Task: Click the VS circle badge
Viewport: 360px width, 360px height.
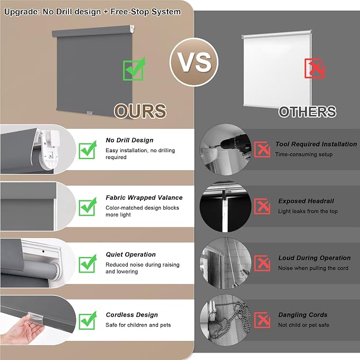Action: (194, 62)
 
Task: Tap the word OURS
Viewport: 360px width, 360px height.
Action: (140, 111)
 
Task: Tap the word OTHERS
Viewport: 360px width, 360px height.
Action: (308, 112)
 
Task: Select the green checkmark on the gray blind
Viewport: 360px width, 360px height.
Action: (134, 69)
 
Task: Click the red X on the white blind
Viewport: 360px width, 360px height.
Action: (314, 68)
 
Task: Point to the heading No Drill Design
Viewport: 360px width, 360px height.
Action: (129, 140)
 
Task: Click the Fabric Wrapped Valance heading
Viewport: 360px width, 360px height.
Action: (144, 197)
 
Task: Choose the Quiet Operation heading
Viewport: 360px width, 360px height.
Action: (130, 254)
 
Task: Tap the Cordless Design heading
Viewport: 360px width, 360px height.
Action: (132, 315)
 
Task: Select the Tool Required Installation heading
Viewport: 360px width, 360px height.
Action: (316, 144)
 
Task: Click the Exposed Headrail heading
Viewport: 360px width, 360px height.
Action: (306, 201)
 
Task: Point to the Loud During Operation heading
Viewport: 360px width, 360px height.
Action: (314, 258)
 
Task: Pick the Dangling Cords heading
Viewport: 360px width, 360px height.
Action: (303, 315)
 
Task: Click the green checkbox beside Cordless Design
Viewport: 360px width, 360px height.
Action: (87, 321)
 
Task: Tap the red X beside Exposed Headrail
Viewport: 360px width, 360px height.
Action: (262, 206)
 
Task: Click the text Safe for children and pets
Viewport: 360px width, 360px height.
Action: (138, 325)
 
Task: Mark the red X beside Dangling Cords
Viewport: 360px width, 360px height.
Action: (262, 320)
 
